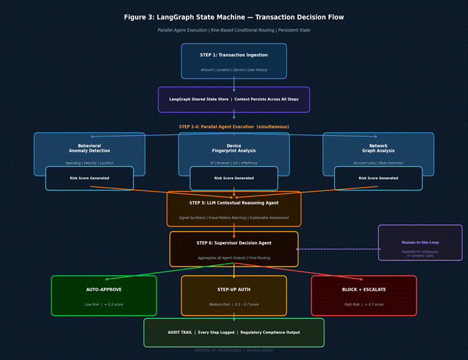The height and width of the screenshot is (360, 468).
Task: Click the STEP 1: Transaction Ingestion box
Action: coord(234,61)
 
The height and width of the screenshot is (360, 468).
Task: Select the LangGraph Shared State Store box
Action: coord(234,100)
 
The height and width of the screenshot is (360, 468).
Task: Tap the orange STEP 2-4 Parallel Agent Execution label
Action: coord(234,127)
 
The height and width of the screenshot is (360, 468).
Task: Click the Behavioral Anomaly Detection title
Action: coord(90,148)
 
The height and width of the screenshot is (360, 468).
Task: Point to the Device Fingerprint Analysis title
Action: coord(234,148)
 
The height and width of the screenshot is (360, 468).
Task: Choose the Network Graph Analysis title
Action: coord(378,148)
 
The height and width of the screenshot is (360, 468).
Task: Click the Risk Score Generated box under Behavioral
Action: coord(90,178)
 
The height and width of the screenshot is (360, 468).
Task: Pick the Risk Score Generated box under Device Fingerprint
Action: coord(234,178)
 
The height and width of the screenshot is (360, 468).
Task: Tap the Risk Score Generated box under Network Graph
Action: coord(378,178)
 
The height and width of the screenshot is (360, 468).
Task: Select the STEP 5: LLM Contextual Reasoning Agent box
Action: coord(234,209)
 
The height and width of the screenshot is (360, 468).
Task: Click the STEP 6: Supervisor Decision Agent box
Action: coord(234,249)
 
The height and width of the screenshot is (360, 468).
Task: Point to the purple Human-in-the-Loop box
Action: coord(420,242)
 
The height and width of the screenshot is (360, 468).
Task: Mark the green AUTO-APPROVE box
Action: coord(104,295)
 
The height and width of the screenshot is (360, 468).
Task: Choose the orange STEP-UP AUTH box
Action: coord(234,295)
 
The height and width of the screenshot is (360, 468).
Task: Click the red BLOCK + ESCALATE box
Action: coord(364,295)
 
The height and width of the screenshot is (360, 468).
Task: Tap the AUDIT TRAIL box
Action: coord(234,332)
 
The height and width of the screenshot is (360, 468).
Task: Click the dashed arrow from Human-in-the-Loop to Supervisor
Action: coord(338,249)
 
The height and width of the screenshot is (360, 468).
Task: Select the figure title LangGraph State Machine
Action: coord(234,17)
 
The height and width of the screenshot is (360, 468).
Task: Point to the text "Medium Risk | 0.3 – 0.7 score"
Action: coord(234,305)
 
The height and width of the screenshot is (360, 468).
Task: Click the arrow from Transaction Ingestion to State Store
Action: coord(234,83)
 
